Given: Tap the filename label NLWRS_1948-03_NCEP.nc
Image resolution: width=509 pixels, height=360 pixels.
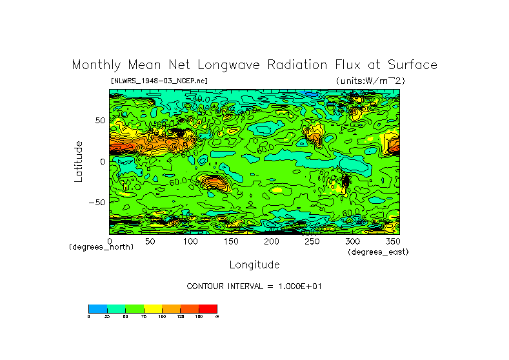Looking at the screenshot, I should [x=159, y=81].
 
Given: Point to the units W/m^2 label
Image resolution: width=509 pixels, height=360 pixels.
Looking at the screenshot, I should [x=370, y=81].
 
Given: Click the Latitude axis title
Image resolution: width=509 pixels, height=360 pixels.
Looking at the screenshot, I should [x=79, y=161].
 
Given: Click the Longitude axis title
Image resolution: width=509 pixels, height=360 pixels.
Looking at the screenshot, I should [x=254, y=265].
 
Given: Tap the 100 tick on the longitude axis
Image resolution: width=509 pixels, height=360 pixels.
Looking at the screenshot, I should [x=190, y=241].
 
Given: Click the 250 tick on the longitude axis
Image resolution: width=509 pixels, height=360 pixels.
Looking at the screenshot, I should [x=312, y=241].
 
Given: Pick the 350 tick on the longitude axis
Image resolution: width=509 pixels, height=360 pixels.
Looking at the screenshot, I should [x=393, y=241].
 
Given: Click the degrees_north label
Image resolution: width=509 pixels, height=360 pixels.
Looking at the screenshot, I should [x=101, y=247].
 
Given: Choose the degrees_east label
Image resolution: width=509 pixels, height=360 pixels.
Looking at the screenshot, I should [x=378, y=252].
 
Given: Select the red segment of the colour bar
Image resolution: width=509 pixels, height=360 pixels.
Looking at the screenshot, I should [x=208, y=308].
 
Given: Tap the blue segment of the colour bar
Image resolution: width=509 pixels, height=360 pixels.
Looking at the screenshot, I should [x=97, y=308].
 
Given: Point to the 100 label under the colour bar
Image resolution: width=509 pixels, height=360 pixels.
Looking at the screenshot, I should [x=162, y=316].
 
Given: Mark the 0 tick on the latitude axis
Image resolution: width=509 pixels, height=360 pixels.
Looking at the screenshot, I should [x=101, y=161].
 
